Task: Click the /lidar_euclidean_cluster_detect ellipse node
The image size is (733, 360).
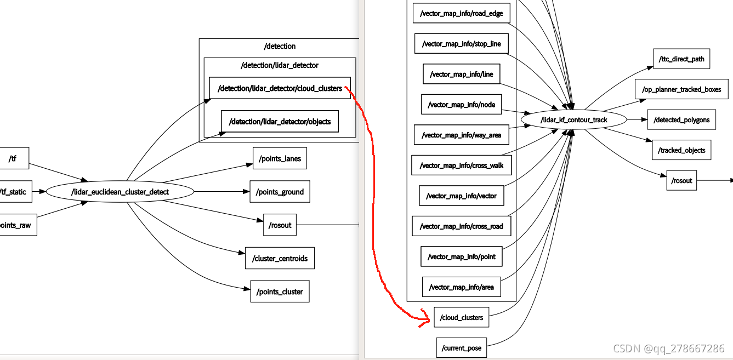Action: [x=120, y=192]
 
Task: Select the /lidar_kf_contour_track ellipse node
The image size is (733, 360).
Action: [x=573, y=119]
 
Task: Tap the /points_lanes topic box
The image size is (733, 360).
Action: [x=280, y=158]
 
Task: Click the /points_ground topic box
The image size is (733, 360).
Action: [x=280, y=192]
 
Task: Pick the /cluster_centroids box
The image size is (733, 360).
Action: [x=280, y=258]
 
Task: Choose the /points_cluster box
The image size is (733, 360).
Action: [x=280, y=292]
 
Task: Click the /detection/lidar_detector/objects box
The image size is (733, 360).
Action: [x=280, y=122]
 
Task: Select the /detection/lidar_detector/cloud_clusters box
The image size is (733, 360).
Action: [x=280, y=88]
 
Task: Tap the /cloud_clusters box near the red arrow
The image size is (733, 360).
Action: [x=462, y=317]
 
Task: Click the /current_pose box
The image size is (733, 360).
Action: [x=462, y=347]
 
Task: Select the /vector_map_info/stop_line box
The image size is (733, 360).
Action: [x=462, y=43]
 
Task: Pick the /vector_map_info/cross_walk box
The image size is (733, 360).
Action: [x=462, y=165]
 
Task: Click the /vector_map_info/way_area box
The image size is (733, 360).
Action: [x=462, y=135]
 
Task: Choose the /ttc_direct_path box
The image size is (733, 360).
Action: [x=681, y=59]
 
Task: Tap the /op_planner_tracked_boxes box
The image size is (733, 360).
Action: [x=681, y=89]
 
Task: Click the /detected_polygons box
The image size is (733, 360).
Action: [x=681, y=119]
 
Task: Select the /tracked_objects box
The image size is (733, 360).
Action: [x=681, y=150]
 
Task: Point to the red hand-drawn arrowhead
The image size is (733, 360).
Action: [x=425, y=318]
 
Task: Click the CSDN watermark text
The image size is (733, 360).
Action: [x=668, y=348]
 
